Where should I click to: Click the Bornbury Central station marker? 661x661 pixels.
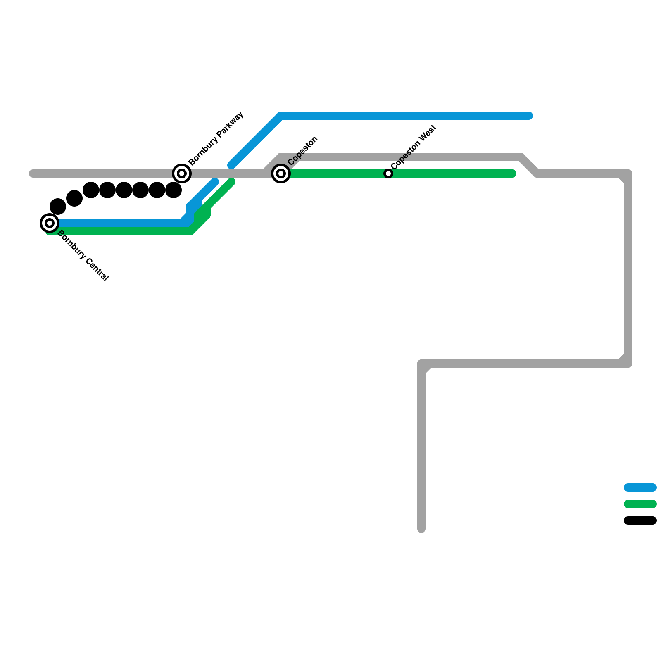[50, 223]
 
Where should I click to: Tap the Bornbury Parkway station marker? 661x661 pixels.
[182, 174]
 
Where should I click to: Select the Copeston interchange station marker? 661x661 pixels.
[281, 174]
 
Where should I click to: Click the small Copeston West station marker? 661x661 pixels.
[388, 174]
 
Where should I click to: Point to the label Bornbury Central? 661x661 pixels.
[83, 256]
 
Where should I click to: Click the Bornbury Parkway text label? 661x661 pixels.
[216, 138]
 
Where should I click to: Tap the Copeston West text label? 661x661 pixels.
[414, 147]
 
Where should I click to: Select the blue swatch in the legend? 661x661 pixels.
[640, 487]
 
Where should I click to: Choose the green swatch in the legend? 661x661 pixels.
[640, 504]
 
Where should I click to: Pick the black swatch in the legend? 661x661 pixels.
[640, 521]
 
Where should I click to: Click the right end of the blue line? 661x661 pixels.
[529, 116]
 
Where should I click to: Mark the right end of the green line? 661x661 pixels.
[513, 174]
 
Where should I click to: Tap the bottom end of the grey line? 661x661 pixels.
[421, 529]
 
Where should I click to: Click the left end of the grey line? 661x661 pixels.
[32, 174]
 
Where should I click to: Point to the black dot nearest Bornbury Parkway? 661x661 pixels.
[174, 190]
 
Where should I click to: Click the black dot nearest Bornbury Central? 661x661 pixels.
[58, 207]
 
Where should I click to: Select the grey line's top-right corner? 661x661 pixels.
[628, 174]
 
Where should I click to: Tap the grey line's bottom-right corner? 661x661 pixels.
[628, 364]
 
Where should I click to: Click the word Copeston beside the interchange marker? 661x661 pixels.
[303, 150]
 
